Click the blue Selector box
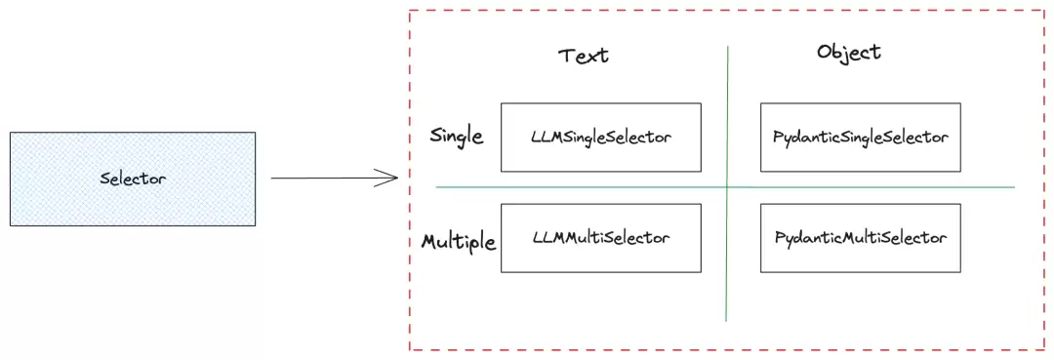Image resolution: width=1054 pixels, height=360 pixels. pyautogui.click(x=133, y=179)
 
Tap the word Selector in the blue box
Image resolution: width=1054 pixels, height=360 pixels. pyautogui.click(x=133, y=179)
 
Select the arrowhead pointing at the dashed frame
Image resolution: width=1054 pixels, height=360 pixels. pyautogui.click(x=386, y=179)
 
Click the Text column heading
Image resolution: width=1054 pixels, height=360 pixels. pyautogui.click(x=584, y=55)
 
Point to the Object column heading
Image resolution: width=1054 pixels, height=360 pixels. pyautogui.click(x=849, y=53)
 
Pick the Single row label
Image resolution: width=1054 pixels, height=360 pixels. pyautogui.click(x=457, y=137)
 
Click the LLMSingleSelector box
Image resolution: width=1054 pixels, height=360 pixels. pyautogui.click(x=601, y=137)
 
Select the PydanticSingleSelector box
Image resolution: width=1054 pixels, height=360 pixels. pyautogui.click(x=861, y=137)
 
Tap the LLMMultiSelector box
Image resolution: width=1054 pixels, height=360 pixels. pyautogui.click(x=601, y=238)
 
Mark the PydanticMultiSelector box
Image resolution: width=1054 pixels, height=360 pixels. pyautogui.click(x=861, y=238)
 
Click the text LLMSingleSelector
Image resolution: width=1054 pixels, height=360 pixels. pyautogui.click(x=601, y=138)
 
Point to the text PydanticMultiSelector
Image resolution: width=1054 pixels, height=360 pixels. pyautogui.click(x=861, y=238)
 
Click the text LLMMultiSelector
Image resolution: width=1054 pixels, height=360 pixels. pyautogui.click(x=601, y=238)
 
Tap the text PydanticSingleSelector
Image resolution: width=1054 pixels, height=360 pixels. pyautogui.click(x=861, y=138)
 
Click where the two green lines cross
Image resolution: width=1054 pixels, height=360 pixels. pyautogui.click(x=727, y=186)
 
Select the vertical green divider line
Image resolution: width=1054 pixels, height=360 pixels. pyautogui.click(x=727, y=183)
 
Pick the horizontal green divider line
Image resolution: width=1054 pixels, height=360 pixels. pyautogui.click(x=724, y=186)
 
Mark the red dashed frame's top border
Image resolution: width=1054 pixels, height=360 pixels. pyautogui.click(x=727, y=10)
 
